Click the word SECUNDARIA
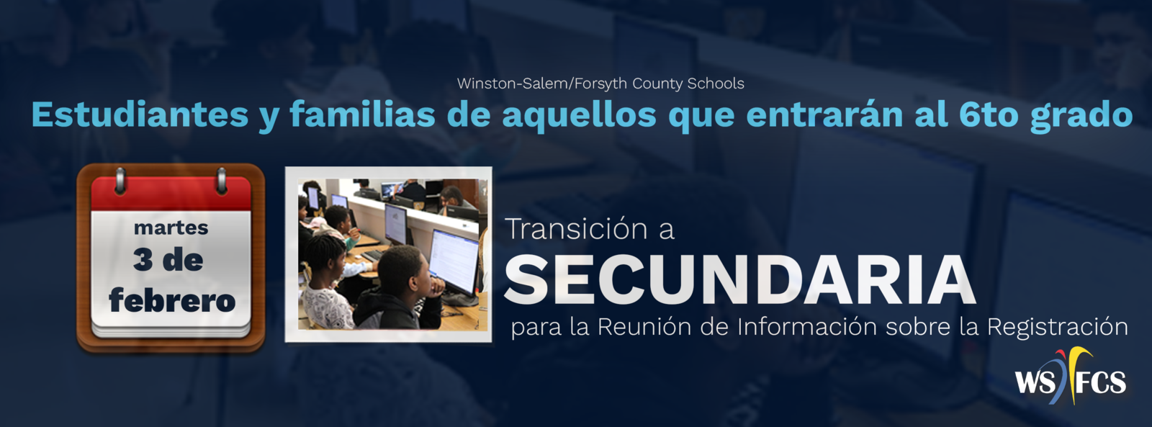coord(739,279)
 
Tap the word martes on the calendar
coord(171,228)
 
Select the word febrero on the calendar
coord(172,300)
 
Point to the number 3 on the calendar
coord(143,260)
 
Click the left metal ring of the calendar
coord(120,180)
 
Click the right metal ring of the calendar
coord(222,180)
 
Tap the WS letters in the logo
coord(1035,382)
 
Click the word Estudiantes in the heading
coord(140,114)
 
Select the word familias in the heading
coord(363,114)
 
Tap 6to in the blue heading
coord(989,114)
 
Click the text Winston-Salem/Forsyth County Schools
coord(600,84)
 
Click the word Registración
coord(1057,328)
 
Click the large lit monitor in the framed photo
coord(454,261)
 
